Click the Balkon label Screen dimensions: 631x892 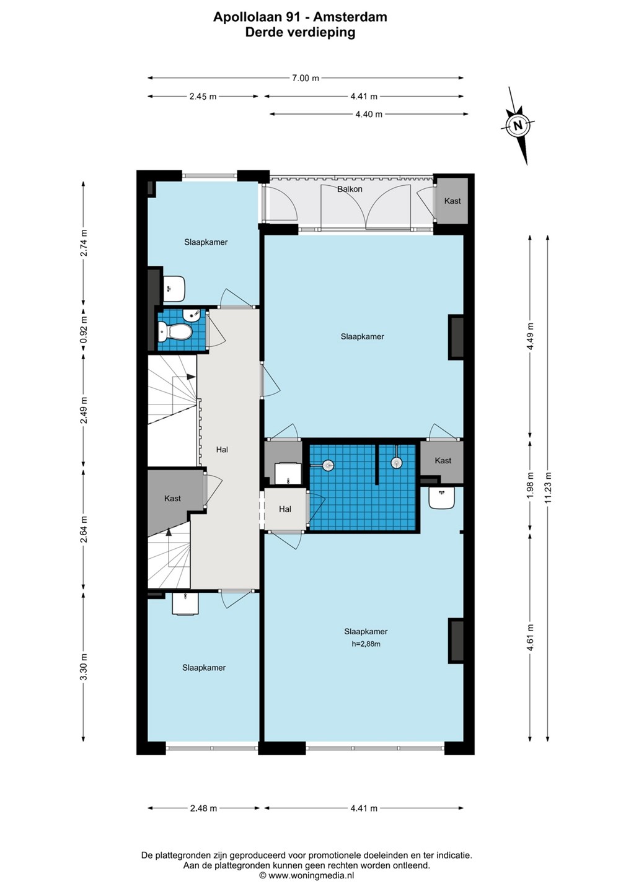(350, 189)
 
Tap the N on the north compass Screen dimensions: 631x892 (518, 125)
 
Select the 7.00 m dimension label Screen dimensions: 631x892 (306, 78)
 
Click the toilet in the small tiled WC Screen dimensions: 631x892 (175, 332)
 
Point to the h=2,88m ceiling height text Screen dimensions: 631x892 (366, 644)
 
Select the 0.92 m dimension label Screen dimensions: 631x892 (83, 330)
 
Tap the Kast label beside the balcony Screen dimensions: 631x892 (452, 201)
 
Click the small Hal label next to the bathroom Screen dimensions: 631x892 (285, 509)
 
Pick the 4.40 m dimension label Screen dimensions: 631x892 (369, 114)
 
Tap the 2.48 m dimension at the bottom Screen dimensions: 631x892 (203, 808)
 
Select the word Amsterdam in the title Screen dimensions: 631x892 (350, 17)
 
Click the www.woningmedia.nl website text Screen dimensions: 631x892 (311, 875)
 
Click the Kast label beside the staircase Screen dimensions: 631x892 (172, 498)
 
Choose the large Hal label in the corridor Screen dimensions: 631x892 (222, 450)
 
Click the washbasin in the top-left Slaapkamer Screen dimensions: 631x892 (174, 288)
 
